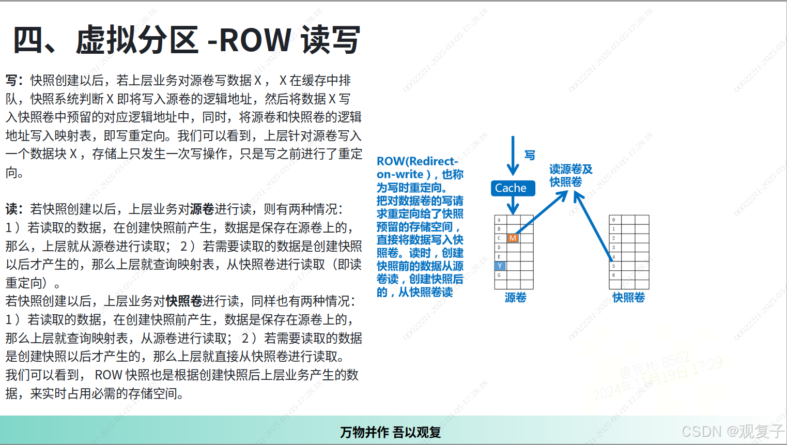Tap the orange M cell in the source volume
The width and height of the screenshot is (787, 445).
pyautogui.click(x=513, y=238)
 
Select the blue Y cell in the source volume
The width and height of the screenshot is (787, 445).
pyautogui.click(x=500, y=266)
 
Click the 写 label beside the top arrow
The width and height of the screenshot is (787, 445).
pyautogui.click(x=530, y=155)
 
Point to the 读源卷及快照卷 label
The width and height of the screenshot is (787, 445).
pyautogui.click(x=570, y=175)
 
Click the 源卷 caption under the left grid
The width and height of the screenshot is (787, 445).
pyautogui.click(x=515, y=298)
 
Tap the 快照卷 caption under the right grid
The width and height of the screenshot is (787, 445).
pyautogui.click(x=628, y=298)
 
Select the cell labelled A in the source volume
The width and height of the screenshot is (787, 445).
pyautogui.click(x=499, y=220)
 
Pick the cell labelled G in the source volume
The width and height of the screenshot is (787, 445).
pyautogui.click(x=499, y=275)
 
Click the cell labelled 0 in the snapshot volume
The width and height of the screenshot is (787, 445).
pyautogui.click(x=614, y=220)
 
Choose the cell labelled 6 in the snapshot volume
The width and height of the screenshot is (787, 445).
pyautogui.click(x=614, y=275)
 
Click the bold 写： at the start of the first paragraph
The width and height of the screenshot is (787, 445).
pyautogui.click(x=14, y=81)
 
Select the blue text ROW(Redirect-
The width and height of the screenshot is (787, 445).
pyautogui.click(x=417, y=161)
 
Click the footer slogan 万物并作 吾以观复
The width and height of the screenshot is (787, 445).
pyautogui.click(x=391, y=432)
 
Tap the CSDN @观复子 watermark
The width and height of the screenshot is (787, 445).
pyautogui.click(x=732, y=432)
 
